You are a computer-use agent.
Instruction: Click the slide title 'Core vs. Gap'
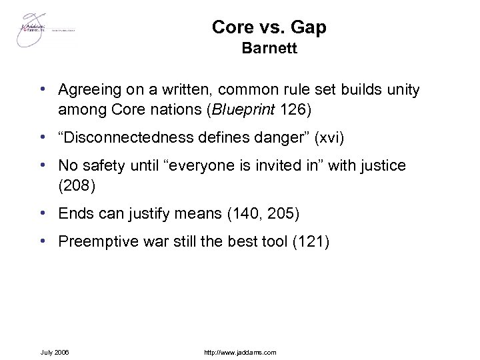click(x=269, y=27)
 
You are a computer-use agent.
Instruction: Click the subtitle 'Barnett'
click(x=269, y=49)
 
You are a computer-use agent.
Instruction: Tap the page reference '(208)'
click(x=77, y=185)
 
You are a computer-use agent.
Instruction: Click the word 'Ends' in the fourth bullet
click(x=75, y=214)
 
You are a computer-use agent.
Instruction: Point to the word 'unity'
click(x=404, y=89)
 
